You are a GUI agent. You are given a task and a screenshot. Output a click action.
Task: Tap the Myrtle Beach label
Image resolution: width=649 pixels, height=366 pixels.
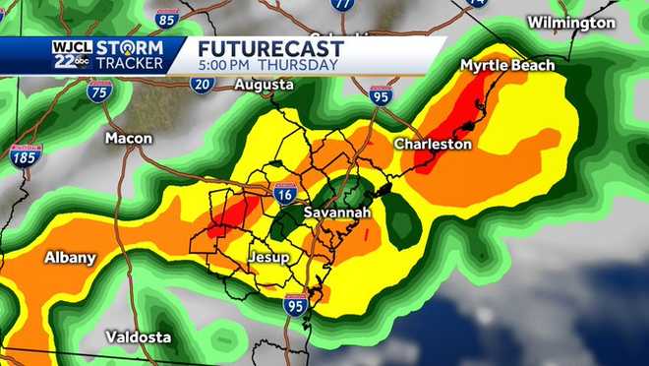coord(507,65)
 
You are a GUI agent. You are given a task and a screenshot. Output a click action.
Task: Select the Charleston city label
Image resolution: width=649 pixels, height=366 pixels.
coord(433,144)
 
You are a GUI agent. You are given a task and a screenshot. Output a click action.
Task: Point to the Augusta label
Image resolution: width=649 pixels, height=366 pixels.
coord(264,86)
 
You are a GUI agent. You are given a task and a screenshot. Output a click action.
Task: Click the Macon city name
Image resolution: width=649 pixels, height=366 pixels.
coord(129,138)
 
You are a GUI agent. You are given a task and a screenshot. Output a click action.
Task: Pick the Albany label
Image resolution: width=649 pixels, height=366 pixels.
coord(70,258)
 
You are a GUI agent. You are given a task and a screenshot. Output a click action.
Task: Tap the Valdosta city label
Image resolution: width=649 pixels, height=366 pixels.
coord(139,336)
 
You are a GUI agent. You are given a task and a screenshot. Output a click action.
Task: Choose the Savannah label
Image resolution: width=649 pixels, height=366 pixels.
coord(336,213)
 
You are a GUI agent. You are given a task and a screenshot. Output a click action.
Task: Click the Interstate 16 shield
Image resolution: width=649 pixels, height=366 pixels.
coord(283,194)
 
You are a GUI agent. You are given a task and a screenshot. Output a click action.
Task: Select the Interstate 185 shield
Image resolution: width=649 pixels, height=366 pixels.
coord(26,155)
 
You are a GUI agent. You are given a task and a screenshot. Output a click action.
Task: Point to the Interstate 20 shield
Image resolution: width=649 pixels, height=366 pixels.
coord(203,84)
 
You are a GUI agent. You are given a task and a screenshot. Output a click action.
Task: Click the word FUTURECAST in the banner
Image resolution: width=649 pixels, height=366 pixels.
coord(270,49)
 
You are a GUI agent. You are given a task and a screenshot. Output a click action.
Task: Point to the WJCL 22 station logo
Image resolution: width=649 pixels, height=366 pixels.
coord(70,55)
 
